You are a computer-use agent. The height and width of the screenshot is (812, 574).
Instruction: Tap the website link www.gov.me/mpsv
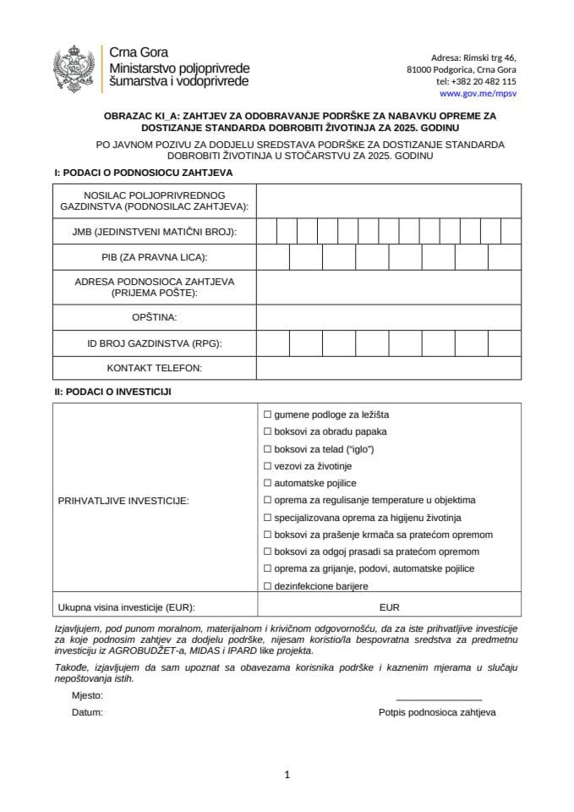pos(479,93)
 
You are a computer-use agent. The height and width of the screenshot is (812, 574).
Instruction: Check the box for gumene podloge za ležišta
pos(267,414)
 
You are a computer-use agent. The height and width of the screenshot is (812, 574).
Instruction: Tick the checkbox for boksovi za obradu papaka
pos(267,431)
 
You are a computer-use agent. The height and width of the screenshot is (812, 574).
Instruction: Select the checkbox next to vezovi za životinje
pos(267,466)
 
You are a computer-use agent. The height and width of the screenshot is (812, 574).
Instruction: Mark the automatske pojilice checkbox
pos(267,483)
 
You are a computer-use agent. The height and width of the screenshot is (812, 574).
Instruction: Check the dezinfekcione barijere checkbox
pos(267,586)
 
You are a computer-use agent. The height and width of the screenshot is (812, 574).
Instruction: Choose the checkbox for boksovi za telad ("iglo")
pos(267,449)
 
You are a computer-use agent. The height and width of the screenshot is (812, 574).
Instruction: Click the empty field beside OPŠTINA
pos(389,317)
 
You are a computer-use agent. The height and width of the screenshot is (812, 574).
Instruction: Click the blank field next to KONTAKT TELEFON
pos(389,368)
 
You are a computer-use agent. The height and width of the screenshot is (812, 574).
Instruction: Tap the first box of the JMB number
pos(266,231)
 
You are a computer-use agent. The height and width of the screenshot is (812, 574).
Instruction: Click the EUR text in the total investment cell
pos(390,607)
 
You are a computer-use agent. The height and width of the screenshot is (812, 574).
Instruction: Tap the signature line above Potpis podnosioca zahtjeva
pos(438,700)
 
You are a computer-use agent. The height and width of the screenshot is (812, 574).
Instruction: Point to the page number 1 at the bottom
pos(287,775)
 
